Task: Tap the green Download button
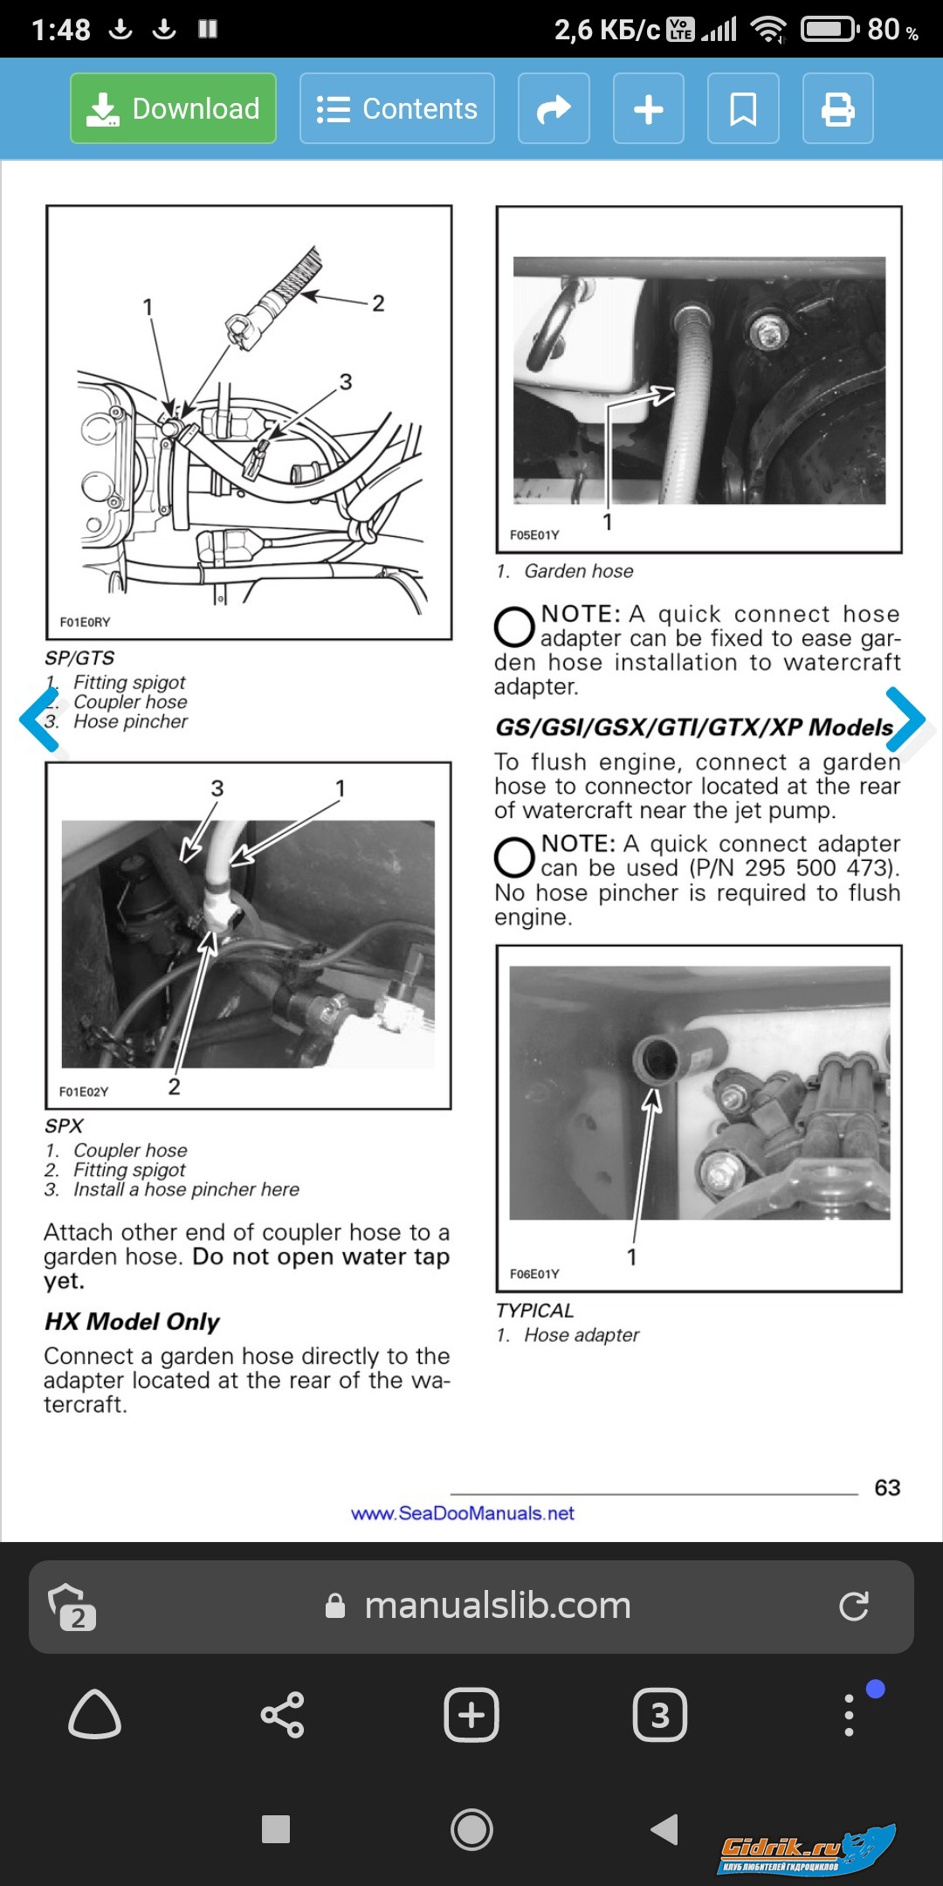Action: tap(173, 108)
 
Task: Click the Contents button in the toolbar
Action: tap(397, 108)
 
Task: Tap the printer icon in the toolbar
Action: tap(837, 108)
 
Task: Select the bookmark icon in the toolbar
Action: tap(742, 108)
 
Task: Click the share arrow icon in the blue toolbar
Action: tap(554, 108)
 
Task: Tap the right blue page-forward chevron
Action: tap(905, 719)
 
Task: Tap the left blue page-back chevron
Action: tap(38, 719)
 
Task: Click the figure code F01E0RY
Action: tap(85, 622)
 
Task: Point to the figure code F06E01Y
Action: tap(534, 1274)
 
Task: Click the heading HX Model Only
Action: tap(132, 1321)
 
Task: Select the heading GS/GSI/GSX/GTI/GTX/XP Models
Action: tap(694, 727)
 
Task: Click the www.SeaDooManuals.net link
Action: tap(463, 1513)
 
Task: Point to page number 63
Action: tap(887, 1487)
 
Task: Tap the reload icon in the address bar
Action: tap(853, 1607)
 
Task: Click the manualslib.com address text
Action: tap(497, 1606)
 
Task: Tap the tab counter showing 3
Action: tap(659, 1715)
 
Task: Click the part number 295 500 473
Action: tap(821, 868)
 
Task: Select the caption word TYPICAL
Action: tap(534, 1311)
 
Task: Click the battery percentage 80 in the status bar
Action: tap(884, 30)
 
